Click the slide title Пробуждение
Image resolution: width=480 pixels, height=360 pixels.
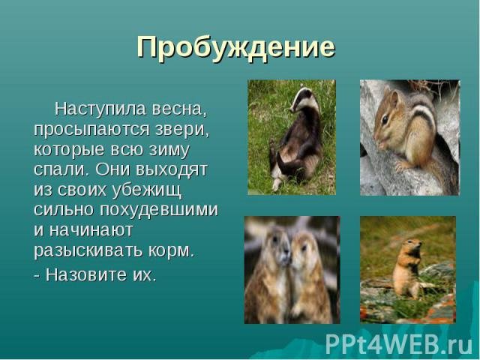[x=235, y=48]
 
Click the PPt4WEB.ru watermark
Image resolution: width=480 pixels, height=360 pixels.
[x=398, y=344]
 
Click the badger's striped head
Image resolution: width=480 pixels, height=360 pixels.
[x=303, y=100]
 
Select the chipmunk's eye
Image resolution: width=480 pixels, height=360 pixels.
[x=385, y=118]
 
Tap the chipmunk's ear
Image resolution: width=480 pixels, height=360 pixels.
[x=395, y=98]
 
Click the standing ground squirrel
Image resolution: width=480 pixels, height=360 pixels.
[x=407, y=268]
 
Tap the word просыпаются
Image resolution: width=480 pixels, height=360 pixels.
[x=91, y=130]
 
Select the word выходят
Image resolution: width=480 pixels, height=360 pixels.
[x=172, y=169]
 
